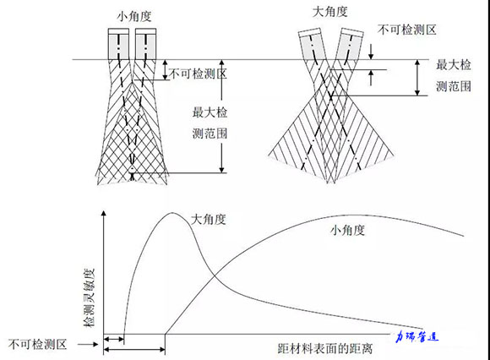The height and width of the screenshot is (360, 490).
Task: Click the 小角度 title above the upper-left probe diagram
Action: tap(134, 16)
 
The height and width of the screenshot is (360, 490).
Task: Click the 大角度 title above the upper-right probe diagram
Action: tap(330, 12)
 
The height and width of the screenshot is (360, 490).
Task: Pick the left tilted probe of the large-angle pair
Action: tap(312, 45)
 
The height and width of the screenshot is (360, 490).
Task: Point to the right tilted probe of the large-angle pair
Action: tap(350, 45)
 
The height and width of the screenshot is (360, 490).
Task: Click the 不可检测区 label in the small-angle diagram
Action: tap(198, 74)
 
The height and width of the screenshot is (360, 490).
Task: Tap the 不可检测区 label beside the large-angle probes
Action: tap(406, 30)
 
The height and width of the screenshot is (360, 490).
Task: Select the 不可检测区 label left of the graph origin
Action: tap(37, 345)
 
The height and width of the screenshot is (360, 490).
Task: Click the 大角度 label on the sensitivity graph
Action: tap(208, 220)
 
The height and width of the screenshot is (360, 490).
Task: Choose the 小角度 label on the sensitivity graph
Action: tap(347, 231)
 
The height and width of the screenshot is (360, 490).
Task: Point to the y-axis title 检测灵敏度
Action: tap(89, 297)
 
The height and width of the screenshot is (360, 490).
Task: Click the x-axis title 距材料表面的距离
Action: tap(325, 348)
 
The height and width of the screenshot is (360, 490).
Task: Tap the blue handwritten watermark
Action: tap(416, 336)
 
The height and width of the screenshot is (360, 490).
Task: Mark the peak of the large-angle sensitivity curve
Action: tap(172, 213)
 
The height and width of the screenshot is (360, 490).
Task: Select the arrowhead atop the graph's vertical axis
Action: tap(104, 213)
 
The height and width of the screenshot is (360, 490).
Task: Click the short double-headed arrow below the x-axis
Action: tap(114, 339)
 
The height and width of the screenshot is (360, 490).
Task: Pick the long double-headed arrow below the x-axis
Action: tap(134, 349)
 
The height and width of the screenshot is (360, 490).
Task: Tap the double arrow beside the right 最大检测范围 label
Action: tap(417, 78)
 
